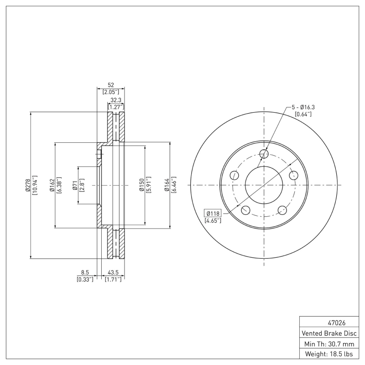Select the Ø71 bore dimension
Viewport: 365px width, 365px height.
(x=75, y=185)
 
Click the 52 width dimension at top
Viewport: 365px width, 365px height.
(x=110, y=85)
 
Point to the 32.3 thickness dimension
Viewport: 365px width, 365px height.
(x=116, y=100)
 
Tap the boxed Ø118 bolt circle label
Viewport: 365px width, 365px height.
(x=213, y=213)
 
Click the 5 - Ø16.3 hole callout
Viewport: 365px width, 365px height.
(x=303, y=107)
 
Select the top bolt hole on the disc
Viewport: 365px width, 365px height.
(x=264, y=154)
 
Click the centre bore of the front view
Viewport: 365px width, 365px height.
(x=264, y=185)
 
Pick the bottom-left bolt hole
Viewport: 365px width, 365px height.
(x=245, y=210)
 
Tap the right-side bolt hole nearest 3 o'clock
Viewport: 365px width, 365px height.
(x=293, y=175)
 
